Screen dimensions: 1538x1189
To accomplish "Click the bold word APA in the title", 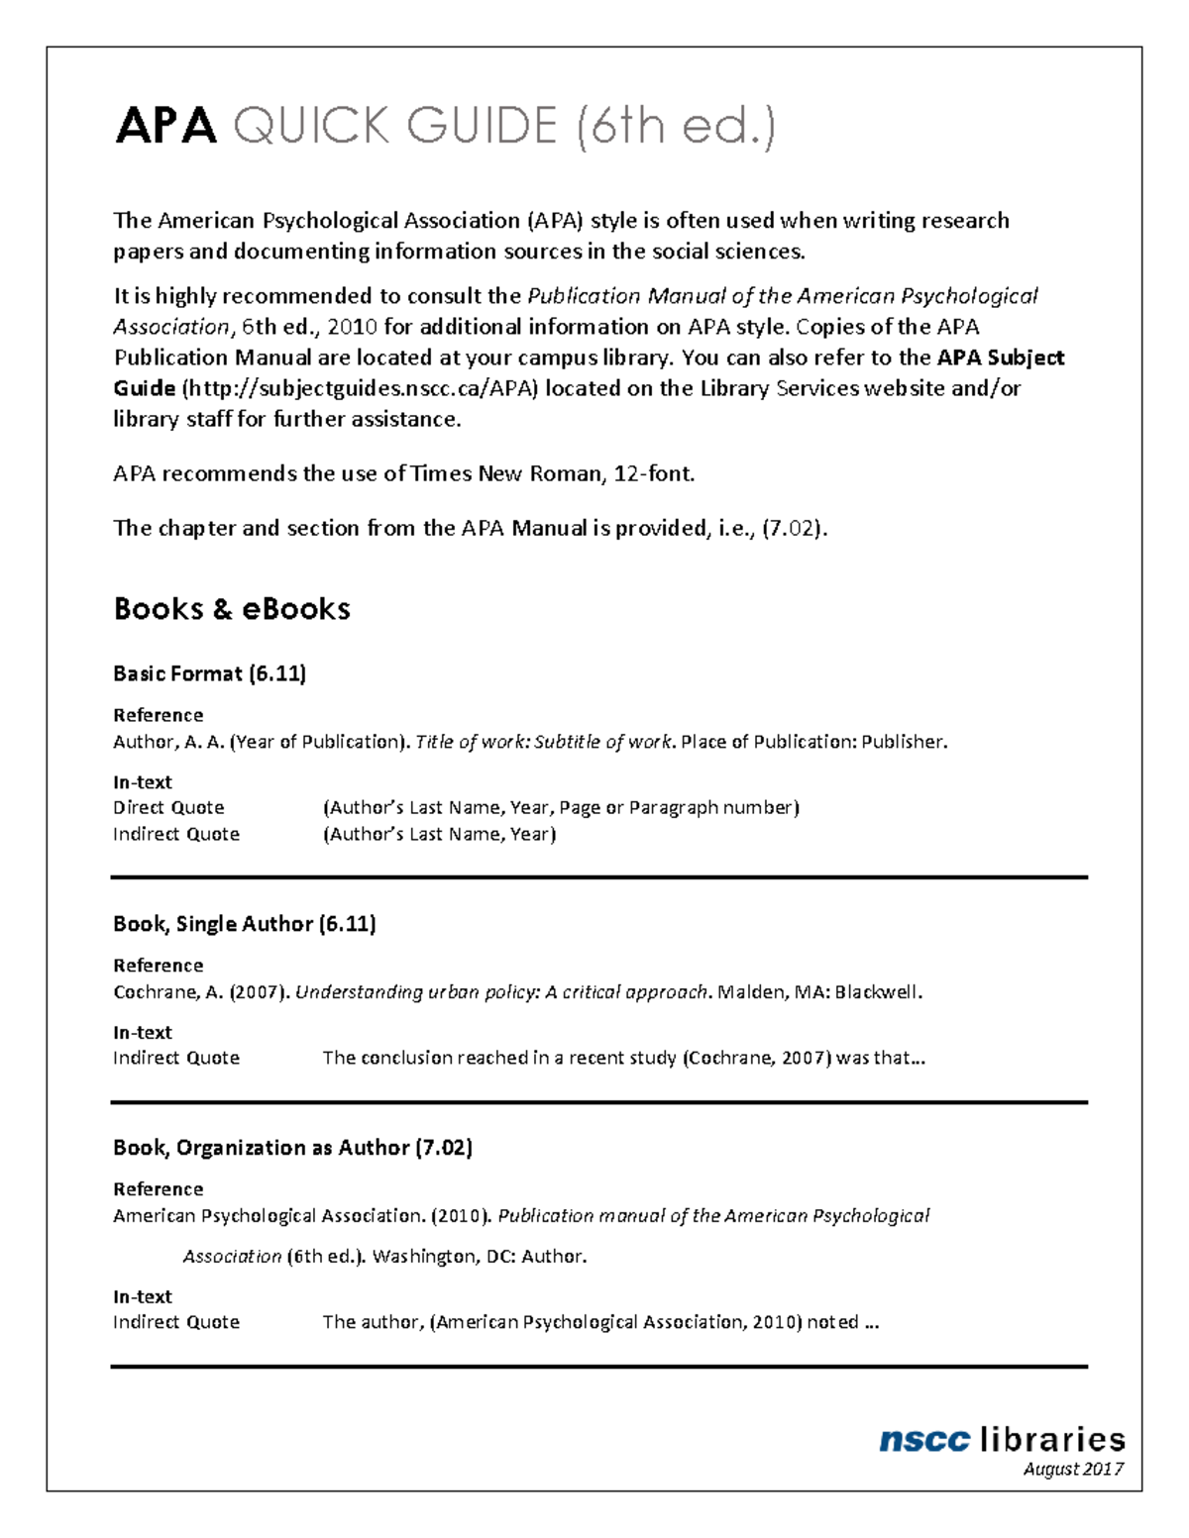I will click(165, 127).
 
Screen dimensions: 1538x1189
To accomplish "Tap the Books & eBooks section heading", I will click(232, 608).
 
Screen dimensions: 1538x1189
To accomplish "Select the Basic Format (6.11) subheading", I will click(209, 673).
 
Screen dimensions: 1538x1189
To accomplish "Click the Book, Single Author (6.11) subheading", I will click(244, 924).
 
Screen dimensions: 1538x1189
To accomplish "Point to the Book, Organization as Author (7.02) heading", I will click(292, 1148).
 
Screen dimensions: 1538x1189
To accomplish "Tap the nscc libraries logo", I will click(1002, 1439).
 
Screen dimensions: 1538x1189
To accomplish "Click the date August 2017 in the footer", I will click(1073, 1469).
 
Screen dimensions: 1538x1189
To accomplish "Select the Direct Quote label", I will click(168, 807).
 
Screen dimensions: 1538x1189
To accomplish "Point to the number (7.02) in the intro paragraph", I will click(793, 528).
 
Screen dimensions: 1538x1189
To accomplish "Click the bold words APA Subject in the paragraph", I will click(1000, 358).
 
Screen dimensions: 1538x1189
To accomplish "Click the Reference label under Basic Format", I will click(158, 715).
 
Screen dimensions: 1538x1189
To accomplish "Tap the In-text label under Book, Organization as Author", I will click(142, 1296).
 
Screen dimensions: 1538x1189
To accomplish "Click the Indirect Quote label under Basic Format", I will click(176, 834).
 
